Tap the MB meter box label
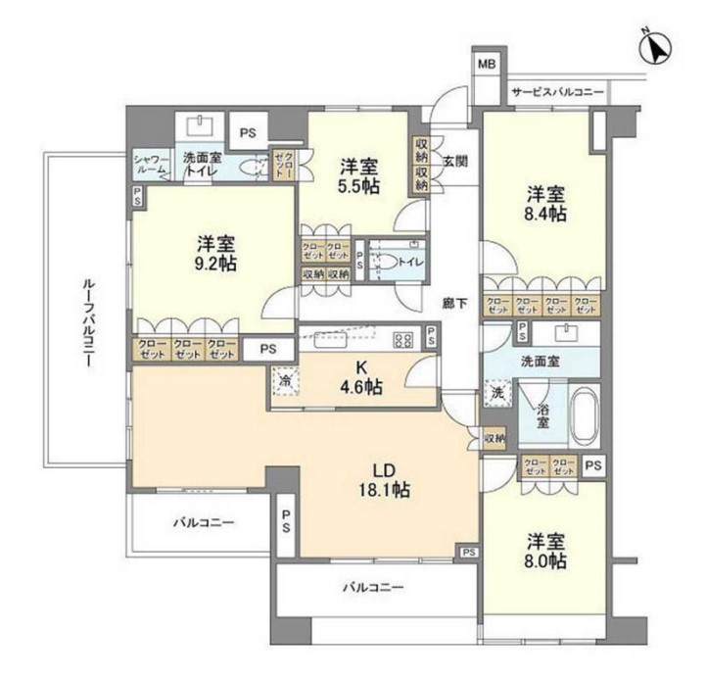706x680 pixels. point(487,65)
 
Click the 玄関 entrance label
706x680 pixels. point(452,161)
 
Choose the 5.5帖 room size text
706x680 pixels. point(359,185)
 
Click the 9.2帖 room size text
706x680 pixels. point(214,263)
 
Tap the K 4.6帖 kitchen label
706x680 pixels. point(362,378)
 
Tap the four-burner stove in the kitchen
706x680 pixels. point(402,340)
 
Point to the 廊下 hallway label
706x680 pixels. point(452,303)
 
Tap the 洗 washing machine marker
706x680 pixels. point(496,392)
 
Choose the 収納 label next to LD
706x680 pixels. point(494,438)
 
